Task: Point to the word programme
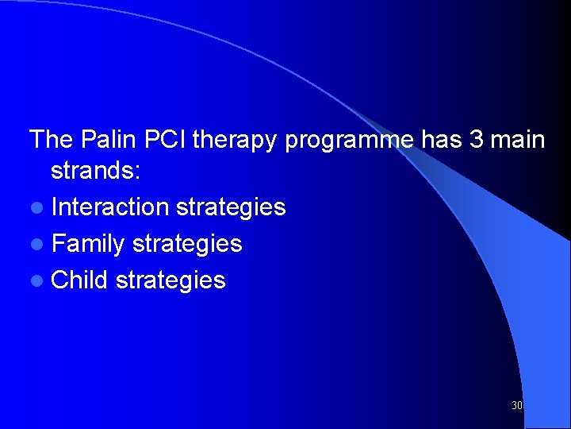(x=349, y=141)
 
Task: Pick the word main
(x=517, y=140)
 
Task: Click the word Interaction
(x=110, y=207)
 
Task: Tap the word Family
(x=88, y=244)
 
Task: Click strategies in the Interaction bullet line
(x=231, y=208)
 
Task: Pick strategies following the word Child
(x=171, y=280)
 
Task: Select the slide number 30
(x=517, y=406)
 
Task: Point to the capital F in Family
(x=58, y=244)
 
